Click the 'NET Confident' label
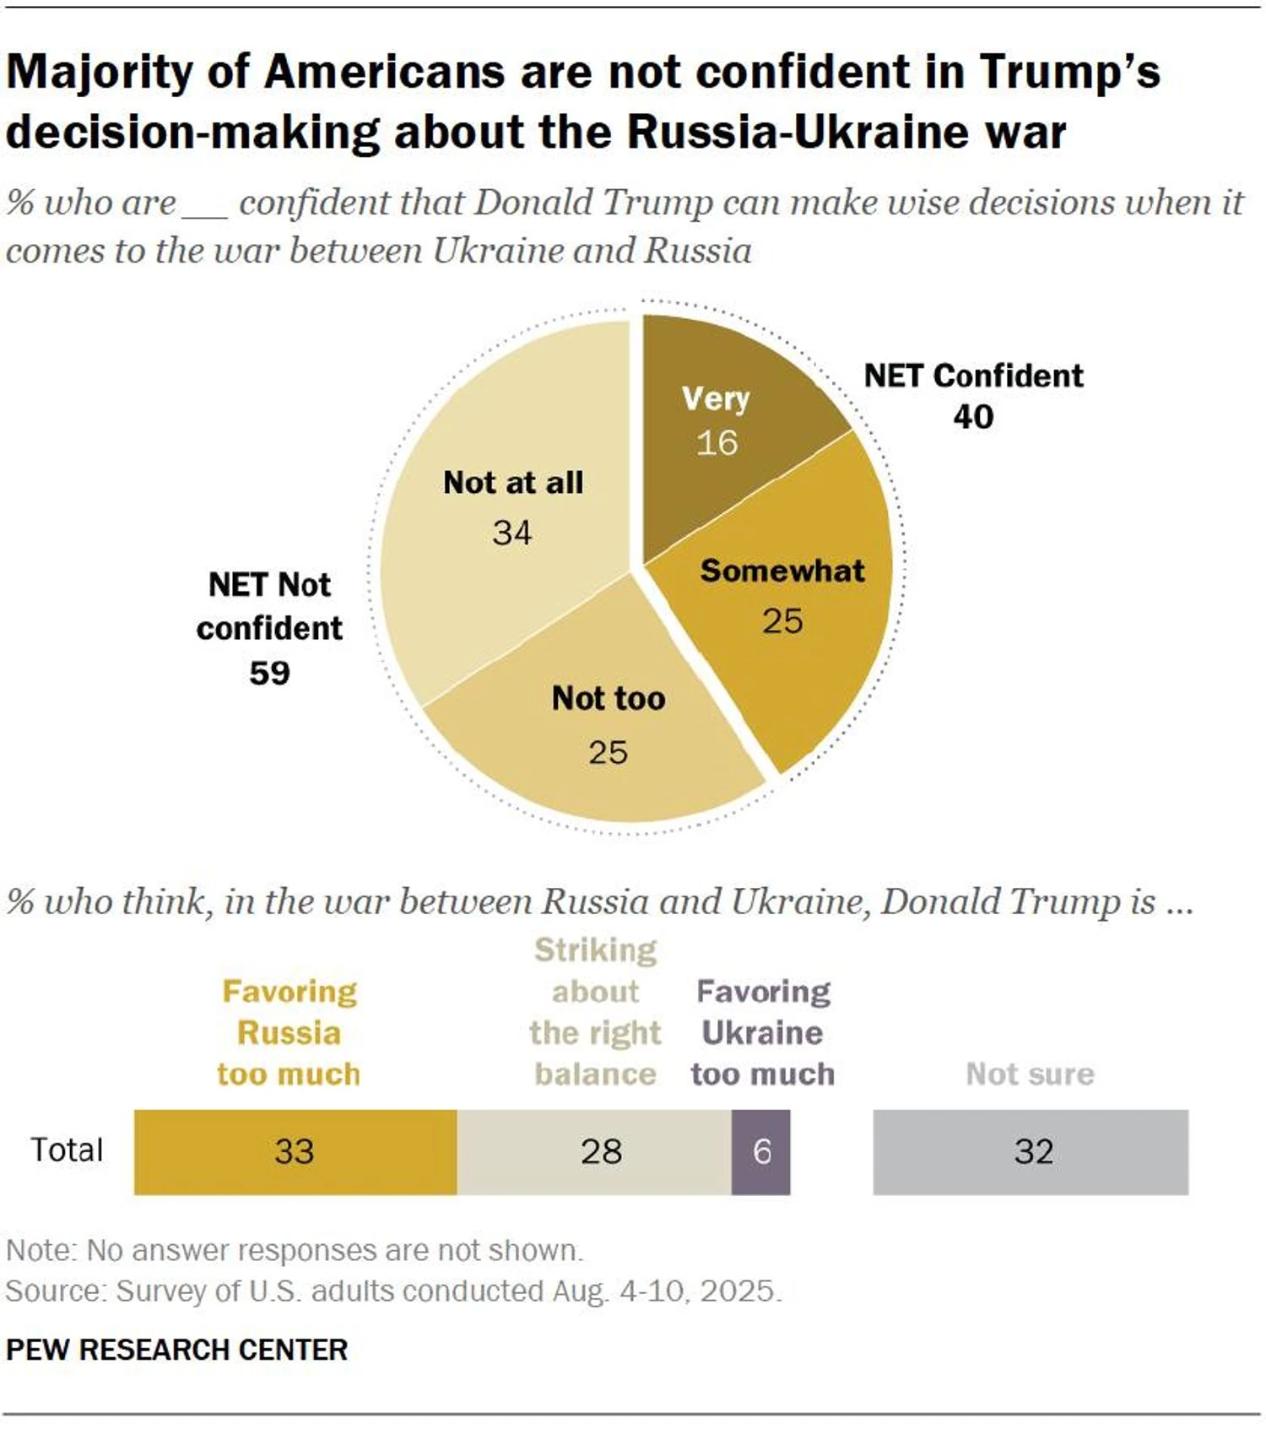[973, 376]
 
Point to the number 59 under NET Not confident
[269, 673]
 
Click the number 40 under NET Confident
[973, 417]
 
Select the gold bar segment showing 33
[295, 1151]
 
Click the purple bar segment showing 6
[760, 1151]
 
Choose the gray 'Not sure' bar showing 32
[1031, 1151]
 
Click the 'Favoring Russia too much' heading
[289, 1032]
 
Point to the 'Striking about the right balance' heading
[595, 1012]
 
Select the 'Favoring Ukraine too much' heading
[763, 1032]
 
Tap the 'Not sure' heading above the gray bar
[1030, 1074]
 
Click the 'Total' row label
[67, 1150]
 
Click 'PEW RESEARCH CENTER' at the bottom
[176, 1350]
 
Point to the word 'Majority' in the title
[99, 72]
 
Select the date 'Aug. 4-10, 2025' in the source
[666, 1291]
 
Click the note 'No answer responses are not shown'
[334, 1250]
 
